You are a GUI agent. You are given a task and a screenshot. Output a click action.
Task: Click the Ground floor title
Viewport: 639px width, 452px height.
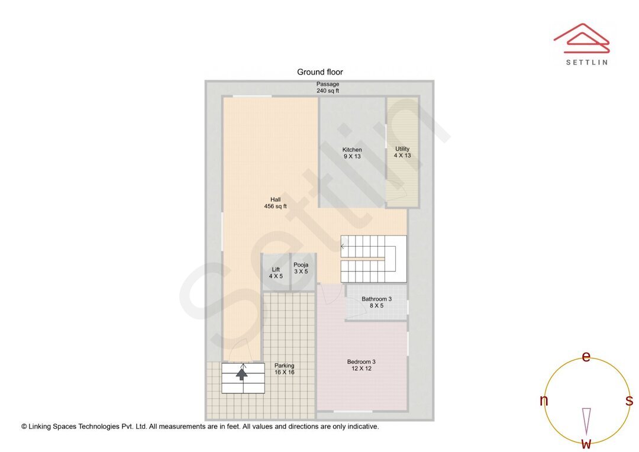pos(319,72)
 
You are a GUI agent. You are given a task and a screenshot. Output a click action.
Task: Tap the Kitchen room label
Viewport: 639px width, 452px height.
pos(352,153)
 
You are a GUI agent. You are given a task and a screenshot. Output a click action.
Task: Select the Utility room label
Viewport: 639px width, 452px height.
pos(402,152)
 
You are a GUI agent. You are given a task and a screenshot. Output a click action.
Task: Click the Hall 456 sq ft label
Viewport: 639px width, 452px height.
pos(275,203)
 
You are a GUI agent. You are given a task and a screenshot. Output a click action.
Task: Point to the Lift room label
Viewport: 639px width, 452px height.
pos(276,273)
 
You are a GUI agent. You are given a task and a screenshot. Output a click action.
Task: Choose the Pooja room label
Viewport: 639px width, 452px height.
pos(301,268)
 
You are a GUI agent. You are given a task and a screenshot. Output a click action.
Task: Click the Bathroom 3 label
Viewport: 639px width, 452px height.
pos(376,302)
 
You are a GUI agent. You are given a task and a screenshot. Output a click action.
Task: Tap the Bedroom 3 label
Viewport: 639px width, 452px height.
pos(361,365)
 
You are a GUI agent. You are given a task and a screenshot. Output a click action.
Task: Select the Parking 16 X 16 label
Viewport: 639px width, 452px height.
pos(284,369)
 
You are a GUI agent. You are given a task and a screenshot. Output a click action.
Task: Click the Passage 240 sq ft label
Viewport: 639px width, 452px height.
pos(327,88)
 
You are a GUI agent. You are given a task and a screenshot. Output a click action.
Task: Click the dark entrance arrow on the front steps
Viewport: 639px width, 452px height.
pos(241,373)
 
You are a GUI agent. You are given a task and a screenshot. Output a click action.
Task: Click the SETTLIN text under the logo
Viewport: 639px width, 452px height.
pos(586,62)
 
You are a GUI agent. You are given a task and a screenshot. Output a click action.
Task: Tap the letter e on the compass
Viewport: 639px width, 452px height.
pos(586,357)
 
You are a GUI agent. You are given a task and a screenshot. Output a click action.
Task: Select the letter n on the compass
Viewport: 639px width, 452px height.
pos(544,401)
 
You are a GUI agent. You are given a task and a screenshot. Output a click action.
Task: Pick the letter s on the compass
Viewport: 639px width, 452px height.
pos(629,401)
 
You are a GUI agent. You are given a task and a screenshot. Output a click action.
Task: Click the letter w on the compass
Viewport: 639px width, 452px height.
pos(586,443)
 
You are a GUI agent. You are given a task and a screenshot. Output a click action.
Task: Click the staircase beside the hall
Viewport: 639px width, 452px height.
pos(373,259)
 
